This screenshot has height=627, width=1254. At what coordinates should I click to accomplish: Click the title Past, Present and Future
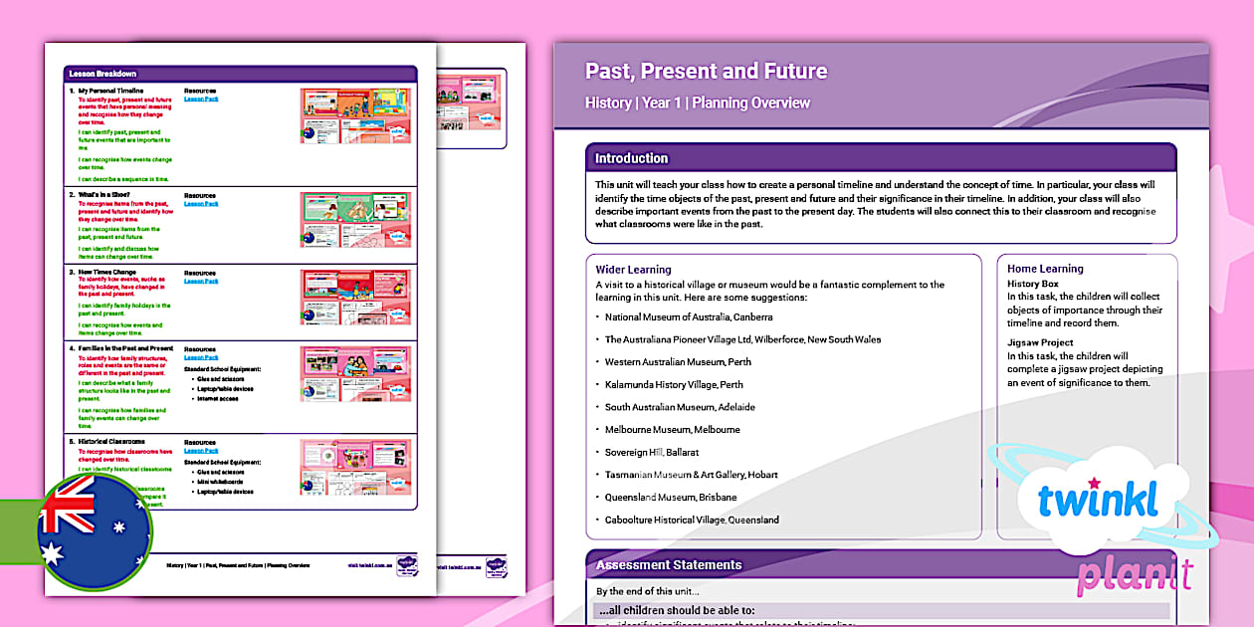[x=706, y=72]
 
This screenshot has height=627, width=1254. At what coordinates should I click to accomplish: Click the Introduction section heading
[x=632, y=158]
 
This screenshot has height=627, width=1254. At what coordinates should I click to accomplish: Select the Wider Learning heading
[x=633, y=270]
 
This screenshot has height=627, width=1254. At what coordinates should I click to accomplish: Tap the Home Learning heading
[x=1045, y=269]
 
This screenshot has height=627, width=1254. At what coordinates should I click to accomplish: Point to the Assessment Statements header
[x=669, y=565]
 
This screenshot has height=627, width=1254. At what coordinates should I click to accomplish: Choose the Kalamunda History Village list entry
[x=674, y=385]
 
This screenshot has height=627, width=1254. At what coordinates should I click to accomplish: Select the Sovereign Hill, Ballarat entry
[x=652, y=453]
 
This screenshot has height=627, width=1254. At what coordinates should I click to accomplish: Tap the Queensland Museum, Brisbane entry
[x=671, y=498]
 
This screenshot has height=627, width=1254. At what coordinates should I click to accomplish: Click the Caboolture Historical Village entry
[x=692, y=521]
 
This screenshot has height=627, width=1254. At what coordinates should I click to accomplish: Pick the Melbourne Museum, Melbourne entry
[x=673, y=430]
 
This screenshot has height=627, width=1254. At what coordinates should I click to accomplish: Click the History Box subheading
[x=1033, y=285]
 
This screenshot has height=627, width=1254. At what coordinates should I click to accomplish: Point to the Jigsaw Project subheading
[x=1040, y=341]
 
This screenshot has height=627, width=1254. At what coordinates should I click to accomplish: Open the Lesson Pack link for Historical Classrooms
[x=201, y=451]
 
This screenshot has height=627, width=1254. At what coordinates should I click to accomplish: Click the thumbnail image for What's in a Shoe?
[x=355, y=219]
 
